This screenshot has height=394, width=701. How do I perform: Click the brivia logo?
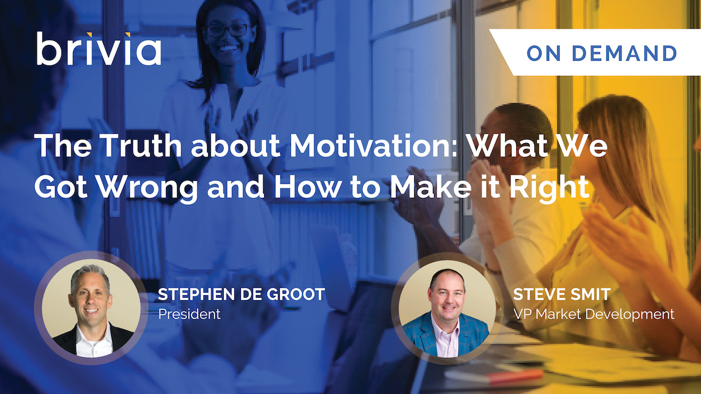pos(99,48)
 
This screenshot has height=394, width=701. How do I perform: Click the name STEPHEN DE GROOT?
pos(241,294)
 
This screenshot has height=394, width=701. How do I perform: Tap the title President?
pos(190,314)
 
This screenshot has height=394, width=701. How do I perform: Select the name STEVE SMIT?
pos(562,294)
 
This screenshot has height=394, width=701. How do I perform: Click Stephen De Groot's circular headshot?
pos(91,308)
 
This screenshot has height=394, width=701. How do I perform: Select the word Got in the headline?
pos(61,187)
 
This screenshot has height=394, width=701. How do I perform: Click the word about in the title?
pos(235,146)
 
